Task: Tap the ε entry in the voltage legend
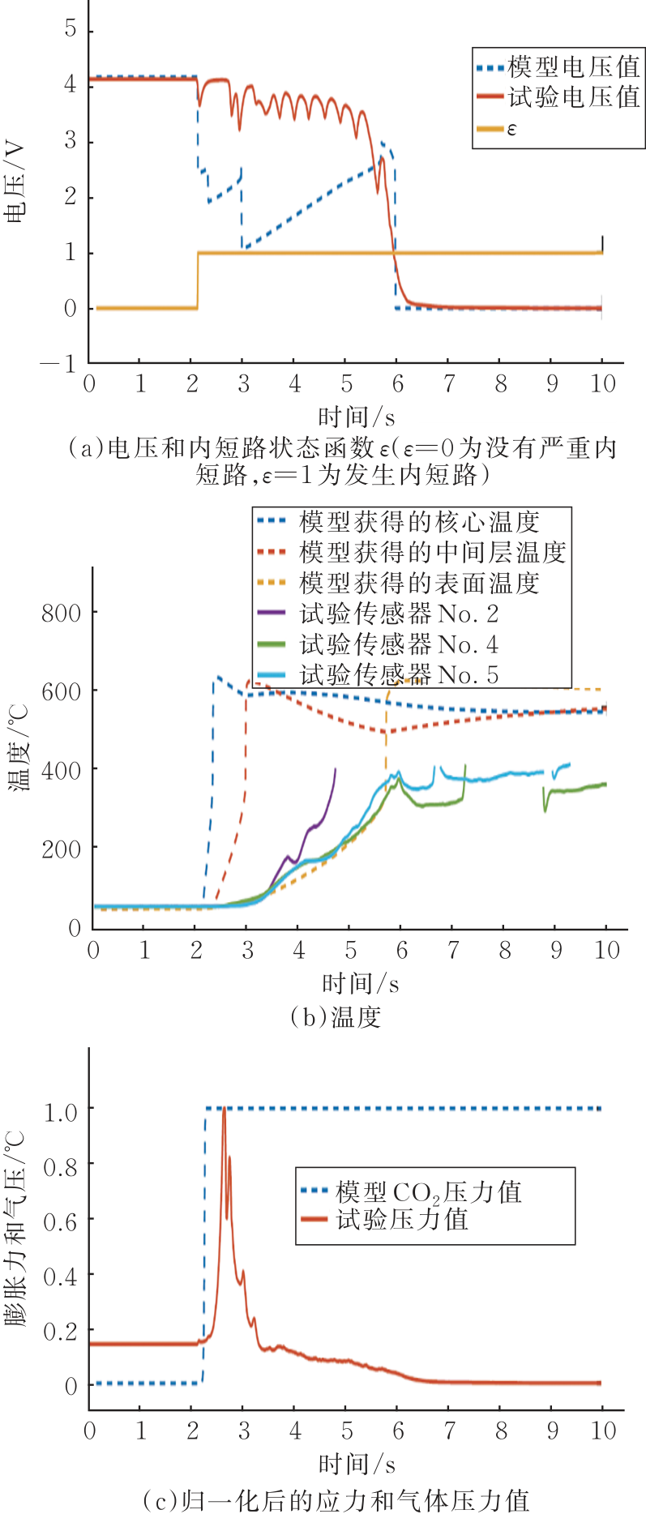(x=511, y=129)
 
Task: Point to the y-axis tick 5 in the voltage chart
(x=71, y=30)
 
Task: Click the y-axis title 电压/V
(x=15, y=182)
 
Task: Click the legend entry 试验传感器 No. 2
(x=398, y=614)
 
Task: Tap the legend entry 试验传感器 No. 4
(x=398, y=644)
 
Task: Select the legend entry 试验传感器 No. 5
(x=398, y=674)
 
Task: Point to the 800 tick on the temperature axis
(x=62, y=613)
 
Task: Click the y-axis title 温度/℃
(x=17, y=747)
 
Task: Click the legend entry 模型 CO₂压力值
(x=428, y=1191)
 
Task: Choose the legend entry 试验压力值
(x=402, y=1219)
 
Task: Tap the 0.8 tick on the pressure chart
(x=60, y=1166)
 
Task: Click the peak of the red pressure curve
(x=224, y=1109)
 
